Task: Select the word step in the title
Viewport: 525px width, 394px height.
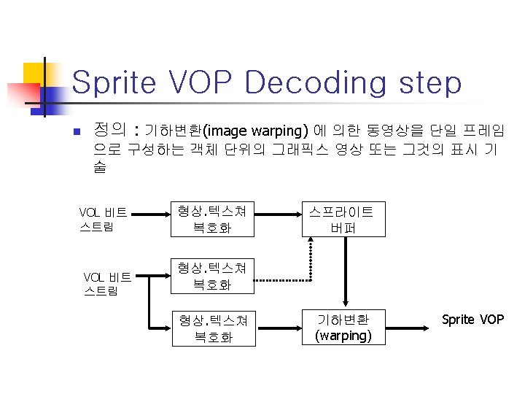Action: (431, 84)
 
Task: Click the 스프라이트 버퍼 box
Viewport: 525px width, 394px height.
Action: (341, 220)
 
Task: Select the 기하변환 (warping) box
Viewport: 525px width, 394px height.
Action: (343, 328)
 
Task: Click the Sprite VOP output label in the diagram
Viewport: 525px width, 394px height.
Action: (472, 320)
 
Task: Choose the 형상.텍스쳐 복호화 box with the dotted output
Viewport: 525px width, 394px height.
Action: (211, 277)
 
